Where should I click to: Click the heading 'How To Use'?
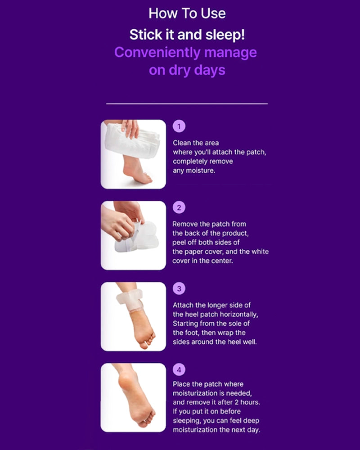click(187, 13)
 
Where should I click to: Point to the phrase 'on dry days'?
click(187, 71)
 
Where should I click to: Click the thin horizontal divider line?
click(187, 103)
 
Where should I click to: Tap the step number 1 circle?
click(179, 126)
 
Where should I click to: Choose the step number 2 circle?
click(179, 207)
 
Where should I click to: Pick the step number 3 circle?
click(179, 289)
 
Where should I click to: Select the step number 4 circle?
click(179, 370)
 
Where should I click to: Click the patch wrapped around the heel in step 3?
click(130, 300)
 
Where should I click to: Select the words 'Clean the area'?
click(196, 143)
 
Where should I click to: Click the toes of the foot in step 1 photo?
click(145, 180)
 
